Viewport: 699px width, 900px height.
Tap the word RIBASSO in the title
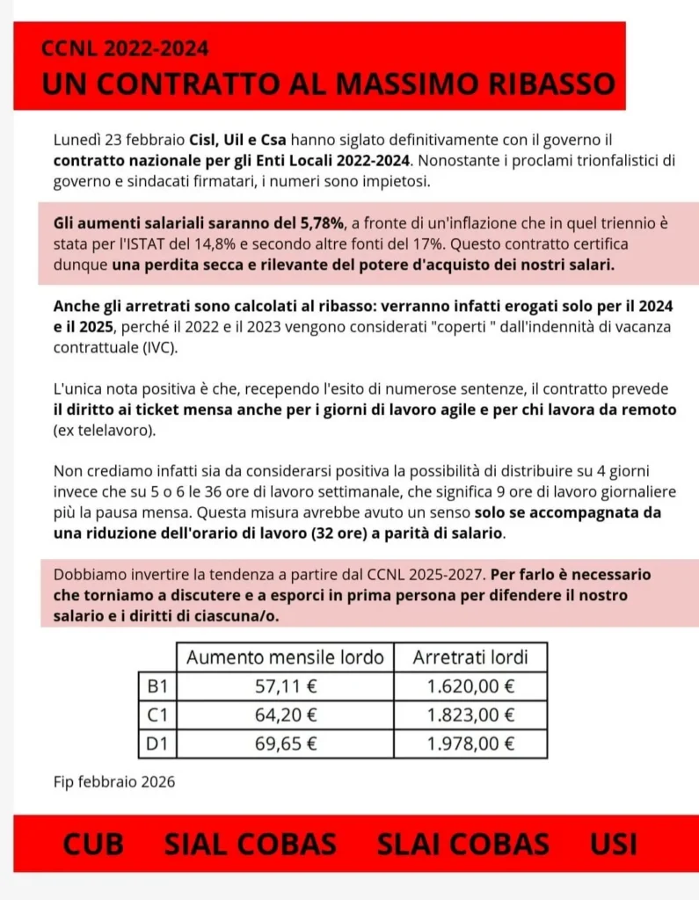coord(538,84)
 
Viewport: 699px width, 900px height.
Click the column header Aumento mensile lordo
coord(286,657)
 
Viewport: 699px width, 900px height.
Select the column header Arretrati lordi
coord(470,657)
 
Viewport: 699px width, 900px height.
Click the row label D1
coord(157,744)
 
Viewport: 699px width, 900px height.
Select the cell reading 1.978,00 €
coord(470,744)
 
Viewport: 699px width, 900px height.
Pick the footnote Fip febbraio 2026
coord(114,781)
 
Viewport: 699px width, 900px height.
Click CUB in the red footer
coord(93,844)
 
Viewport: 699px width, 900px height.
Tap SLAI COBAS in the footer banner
coord(462,844)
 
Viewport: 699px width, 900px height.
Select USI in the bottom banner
coord(614,844)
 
